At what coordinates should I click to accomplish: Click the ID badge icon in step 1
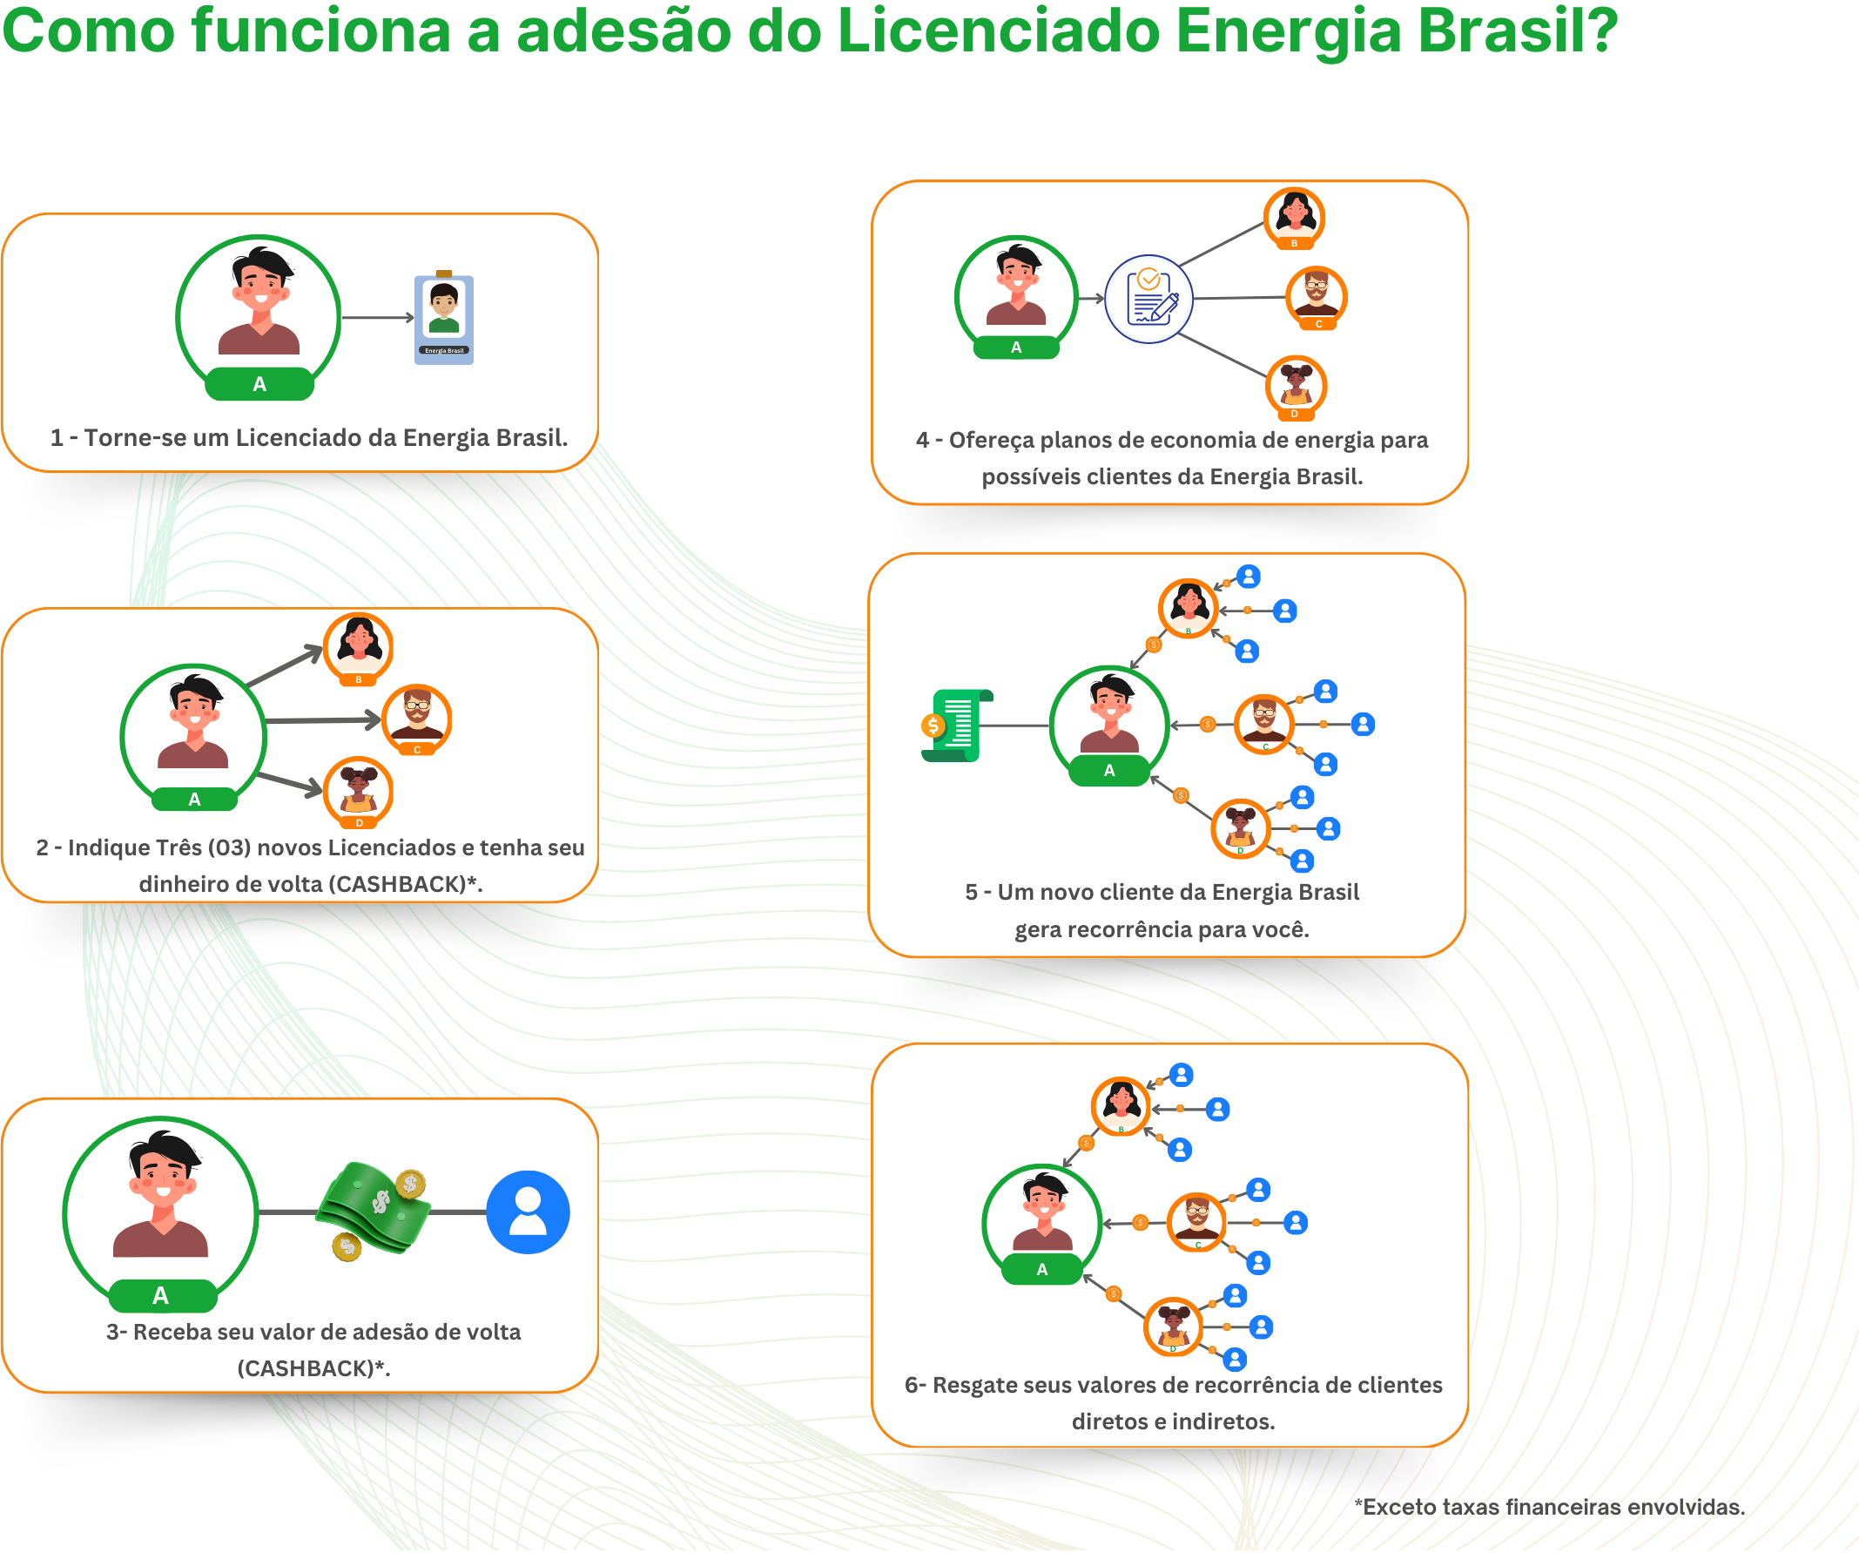443,319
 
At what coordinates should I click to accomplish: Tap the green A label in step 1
259,384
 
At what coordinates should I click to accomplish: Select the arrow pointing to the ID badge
378,317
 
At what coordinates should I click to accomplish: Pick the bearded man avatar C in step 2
417,717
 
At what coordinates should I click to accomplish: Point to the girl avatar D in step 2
359,790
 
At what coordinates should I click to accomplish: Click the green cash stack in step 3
374,1208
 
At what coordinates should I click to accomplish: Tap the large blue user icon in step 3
528,1212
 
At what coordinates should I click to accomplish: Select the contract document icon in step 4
1149,299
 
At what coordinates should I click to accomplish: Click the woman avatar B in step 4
1294,216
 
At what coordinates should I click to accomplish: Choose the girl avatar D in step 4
1296,385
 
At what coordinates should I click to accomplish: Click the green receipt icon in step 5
955,726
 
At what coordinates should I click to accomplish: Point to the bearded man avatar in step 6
1197,1221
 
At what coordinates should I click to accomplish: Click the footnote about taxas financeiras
1549,1507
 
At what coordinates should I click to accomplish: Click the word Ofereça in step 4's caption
990,440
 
